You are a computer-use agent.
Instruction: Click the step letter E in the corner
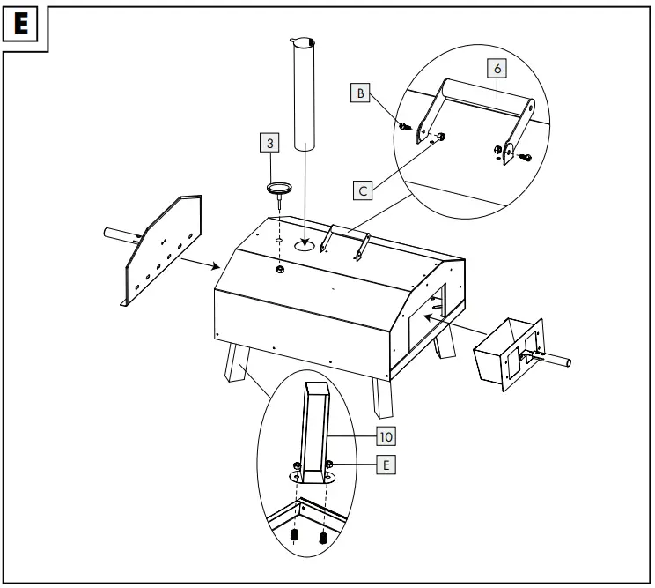(x=24, y=25)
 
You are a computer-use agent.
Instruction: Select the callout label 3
(x=271, y=141)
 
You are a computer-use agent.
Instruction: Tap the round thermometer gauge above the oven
(x=279, y=188)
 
